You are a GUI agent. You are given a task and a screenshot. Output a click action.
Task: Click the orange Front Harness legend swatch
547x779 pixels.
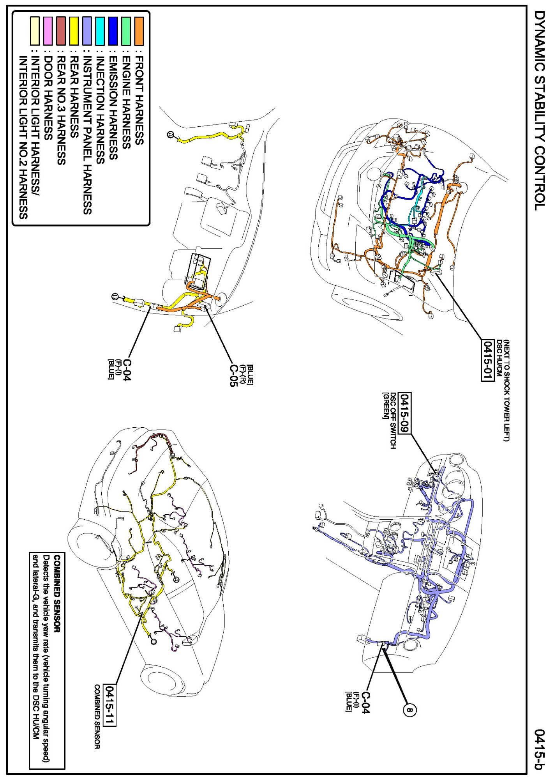tap(139, 31)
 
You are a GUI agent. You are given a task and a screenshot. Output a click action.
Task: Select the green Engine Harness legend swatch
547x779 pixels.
tap(126, 31)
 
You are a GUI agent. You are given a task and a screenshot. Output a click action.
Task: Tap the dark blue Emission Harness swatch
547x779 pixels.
tap(113, 31)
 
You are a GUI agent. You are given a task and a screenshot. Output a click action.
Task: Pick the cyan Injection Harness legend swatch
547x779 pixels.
tap(100, 31)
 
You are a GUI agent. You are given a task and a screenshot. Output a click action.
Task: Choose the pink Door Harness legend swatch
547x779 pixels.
tap(48, 31)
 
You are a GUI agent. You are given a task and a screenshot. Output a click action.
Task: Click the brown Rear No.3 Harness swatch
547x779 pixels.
tap(61, 31)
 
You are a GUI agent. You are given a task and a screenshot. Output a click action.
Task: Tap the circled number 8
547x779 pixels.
tap(409, 710)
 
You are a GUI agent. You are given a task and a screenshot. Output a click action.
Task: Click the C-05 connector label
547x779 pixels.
tap(233, 375)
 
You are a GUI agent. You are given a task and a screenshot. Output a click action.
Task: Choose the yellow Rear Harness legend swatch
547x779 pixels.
tap(74, 31)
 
